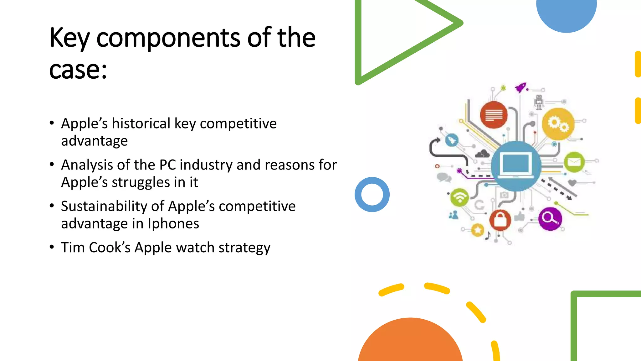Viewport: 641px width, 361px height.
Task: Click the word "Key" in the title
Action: pyautogui.click(x=69, y=38)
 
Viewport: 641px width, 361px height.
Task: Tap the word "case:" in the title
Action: pyautogui.click(x=78, y=70)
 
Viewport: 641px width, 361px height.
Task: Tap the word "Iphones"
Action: pyautogui.click(x=173, y=224)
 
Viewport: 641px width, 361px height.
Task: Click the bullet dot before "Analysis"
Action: pyautogui.click(x=52, y=164)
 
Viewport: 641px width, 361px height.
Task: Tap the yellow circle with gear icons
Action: pyautogui.click(x=558, y=124)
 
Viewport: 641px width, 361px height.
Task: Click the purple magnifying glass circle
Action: pyautogui.click(x=550, y=218)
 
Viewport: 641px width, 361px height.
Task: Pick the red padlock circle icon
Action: pyautogui.click(x=500, y=220)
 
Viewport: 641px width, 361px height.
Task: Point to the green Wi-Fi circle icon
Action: pyautogui.click(x=459, y=197)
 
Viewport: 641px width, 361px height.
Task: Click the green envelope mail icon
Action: pyautogui.click(x=574, y=162)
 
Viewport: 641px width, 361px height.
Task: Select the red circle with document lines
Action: pyautogui.click(x=494, y=115)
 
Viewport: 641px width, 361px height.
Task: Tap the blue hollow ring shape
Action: pyautogui.click(x=372, y=195)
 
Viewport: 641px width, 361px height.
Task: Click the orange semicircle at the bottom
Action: pyautogui.click(x=410, y=342)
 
